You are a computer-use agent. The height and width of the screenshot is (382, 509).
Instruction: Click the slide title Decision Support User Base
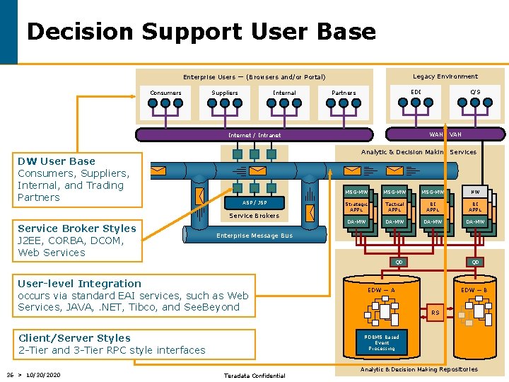201,31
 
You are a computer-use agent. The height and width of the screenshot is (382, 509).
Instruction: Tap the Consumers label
165,93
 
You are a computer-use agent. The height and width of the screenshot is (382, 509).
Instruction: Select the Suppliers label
225,93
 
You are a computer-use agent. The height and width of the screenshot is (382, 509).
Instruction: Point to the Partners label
344,93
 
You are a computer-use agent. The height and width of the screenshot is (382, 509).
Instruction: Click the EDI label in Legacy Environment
416,91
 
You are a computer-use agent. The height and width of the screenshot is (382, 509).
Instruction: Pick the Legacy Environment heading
445,76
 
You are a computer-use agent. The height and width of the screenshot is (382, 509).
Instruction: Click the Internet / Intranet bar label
255,135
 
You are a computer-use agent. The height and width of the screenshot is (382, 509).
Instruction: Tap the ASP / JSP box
255,202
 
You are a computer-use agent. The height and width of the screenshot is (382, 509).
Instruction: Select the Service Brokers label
255,215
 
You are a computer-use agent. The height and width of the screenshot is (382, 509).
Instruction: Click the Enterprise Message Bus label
254,236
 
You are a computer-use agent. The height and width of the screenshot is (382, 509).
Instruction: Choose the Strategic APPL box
356,207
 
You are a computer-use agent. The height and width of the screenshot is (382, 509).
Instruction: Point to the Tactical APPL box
394,207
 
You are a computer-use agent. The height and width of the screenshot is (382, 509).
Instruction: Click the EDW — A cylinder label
382,290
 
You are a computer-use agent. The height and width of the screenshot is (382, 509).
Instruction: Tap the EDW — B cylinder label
474,290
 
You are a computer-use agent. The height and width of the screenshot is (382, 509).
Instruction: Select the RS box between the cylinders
435,312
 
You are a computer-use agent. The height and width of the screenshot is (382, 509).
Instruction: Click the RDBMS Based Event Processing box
382,342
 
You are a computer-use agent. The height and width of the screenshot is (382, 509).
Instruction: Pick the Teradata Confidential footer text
254,376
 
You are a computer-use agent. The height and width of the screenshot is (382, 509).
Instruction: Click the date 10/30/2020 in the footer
43,374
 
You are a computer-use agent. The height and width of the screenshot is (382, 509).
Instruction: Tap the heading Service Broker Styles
76,228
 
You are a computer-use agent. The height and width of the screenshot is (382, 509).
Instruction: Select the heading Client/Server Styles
74,338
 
